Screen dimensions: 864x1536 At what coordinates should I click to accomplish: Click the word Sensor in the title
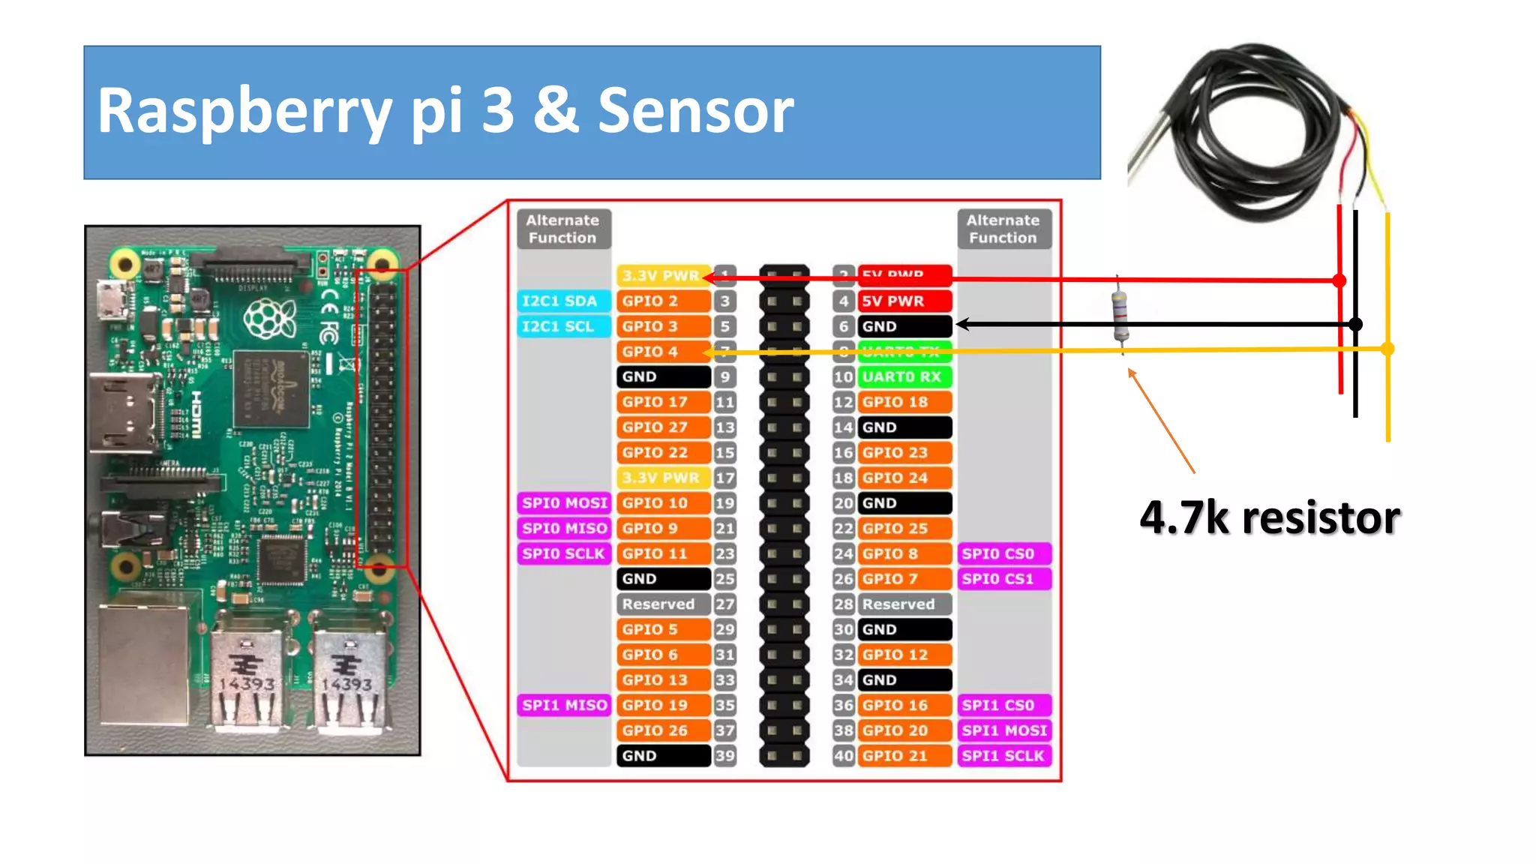tap(695, 111)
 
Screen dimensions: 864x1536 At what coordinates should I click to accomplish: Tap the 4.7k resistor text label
tap(1269, 517)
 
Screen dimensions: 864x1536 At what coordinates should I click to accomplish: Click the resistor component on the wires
tap(1120, 315)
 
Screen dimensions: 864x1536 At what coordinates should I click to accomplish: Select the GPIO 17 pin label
tap(662, 402)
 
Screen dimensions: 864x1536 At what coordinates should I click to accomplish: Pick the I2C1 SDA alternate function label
tap(562, 301)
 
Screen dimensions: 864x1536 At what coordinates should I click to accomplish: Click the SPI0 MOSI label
tap(564, 502)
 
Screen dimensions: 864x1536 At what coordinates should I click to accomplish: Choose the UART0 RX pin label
tap(904, 376)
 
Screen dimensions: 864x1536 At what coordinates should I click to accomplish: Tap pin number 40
tap(844, 756)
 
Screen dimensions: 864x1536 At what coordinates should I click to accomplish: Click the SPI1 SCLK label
tap(1003, 756)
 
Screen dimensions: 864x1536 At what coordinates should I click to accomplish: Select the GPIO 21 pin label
tap(904, 756)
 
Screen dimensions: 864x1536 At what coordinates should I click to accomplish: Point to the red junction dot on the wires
tap(1339, 281)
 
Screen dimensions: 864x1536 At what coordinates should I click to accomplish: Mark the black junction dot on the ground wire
tap(1355, 325)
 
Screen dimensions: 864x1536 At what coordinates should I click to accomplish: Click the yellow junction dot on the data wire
tap(1387, 349)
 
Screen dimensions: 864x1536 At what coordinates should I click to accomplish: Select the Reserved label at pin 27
tap(662, 604)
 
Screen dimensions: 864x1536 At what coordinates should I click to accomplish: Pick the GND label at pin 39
tap(662, 756)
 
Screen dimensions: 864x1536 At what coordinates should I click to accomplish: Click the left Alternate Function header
tap(563, 229)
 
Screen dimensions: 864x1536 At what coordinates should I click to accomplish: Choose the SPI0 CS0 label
tap(1003, 553)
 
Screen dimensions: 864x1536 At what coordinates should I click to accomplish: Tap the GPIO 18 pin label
tap(904, 402)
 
